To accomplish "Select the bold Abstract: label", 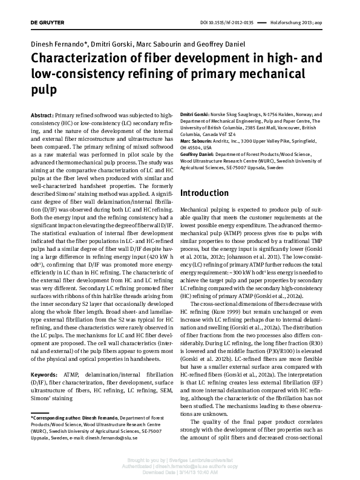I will pos(42,114).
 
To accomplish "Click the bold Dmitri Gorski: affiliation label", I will pos(195,114).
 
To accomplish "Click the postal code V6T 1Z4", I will pos(236,134).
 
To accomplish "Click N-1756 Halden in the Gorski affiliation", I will pos(270,114).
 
